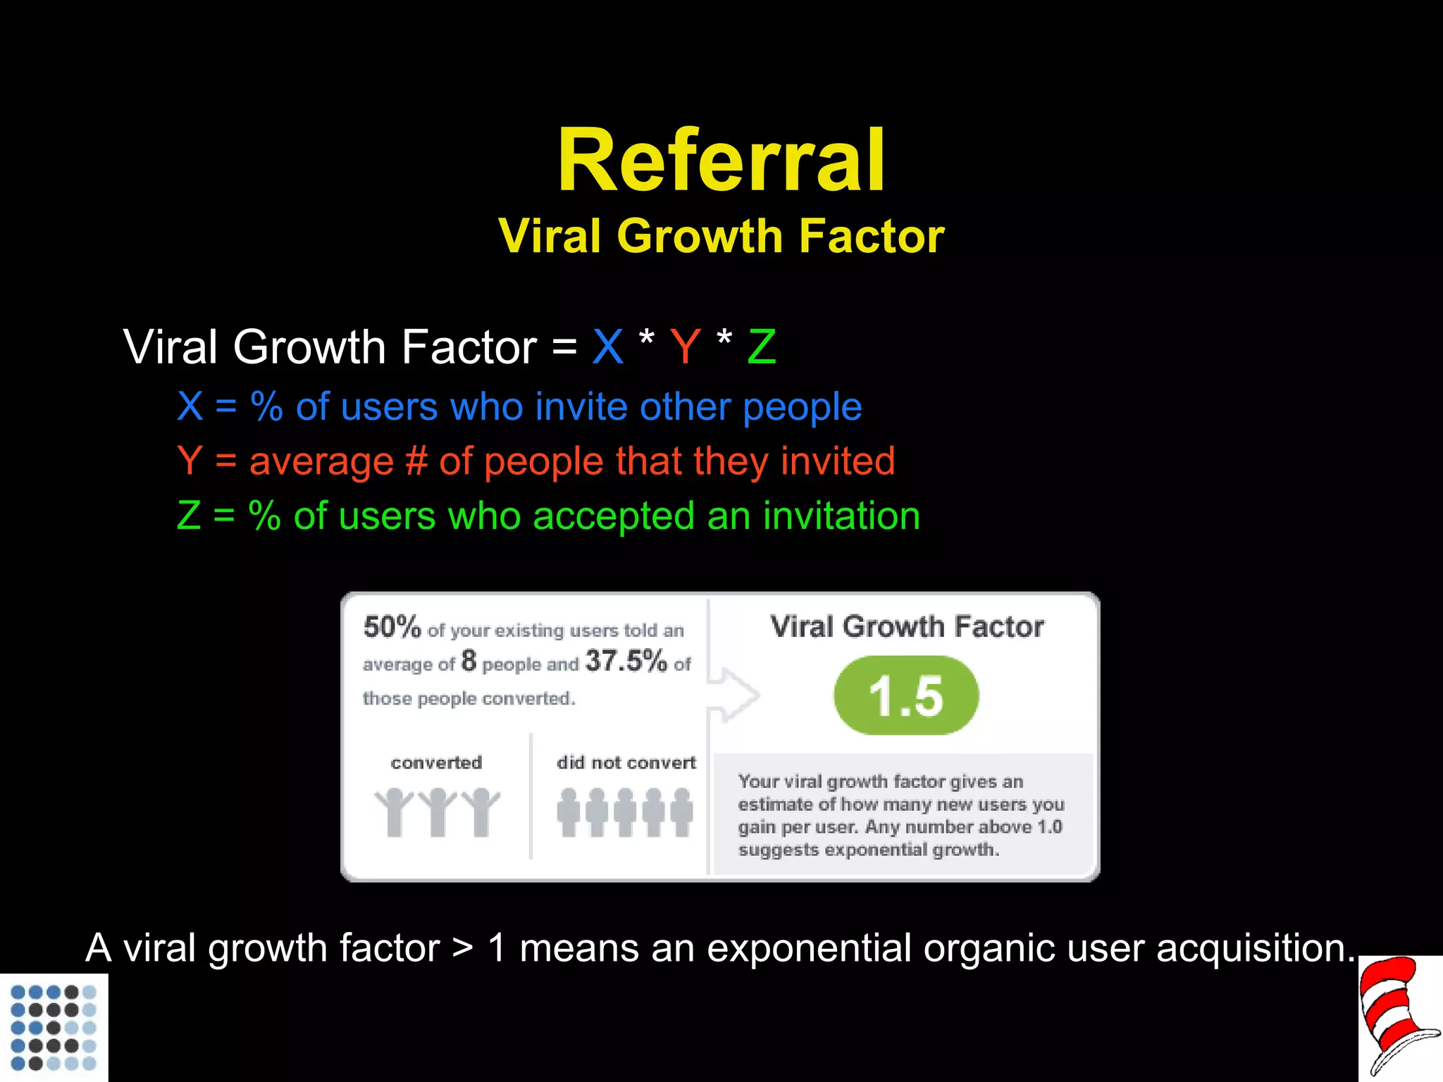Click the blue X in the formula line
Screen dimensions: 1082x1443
tap(607, 347)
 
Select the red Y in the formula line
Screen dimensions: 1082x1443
tap(685, 347)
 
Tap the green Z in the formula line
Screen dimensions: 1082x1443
tap(761, 347)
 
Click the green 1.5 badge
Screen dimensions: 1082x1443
tap(906, 696)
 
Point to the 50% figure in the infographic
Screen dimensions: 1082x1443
tap(392, 626)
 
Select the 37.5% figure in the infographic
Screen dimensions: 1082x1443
tap(626, 661)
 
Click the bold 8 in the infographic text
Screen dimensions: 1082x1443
tap(469, 661)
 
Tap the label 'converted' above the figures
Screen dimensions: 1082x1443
tap(436, 762)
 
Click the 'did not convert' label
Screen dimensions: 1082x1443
tap(626, 762)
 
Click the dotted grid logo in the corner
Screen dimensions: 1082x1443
tap(54, 1027)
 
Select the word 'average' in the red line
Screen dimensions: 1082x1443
tap(321, 461)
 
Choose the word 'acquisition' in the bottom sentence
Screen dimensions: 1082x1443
tap(1254, 948)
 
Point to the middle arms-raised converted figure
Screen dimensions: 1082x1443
tap(438, 812)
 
